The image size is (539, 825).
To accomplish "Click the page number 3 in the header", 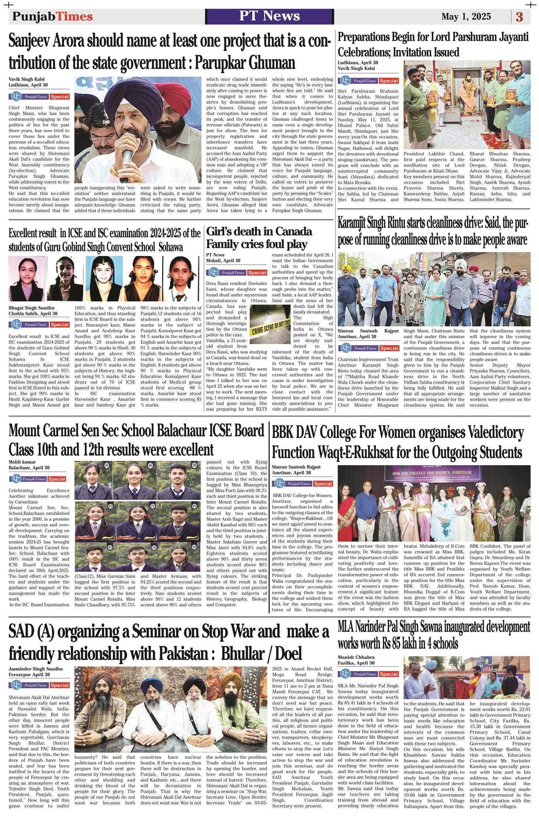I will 519,17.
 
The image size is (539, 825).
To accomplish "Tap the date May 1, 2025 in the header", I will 466,17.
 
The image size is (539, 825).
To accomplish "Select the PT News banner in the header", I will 269,16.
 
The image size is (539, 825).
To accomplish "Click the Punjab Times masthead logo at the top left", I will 53,17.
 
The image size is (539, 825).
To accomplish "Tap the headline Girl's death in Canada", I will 259,232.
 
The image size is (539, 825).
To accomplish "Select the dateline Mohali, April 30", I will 223,260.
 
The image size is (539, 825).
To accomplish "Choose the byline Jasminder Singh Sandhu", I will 36,669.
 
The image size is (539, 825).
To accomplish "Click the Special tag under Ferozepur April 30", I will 60,686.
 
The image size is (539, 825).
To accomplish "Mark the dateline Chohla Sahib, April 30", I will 33,313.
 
